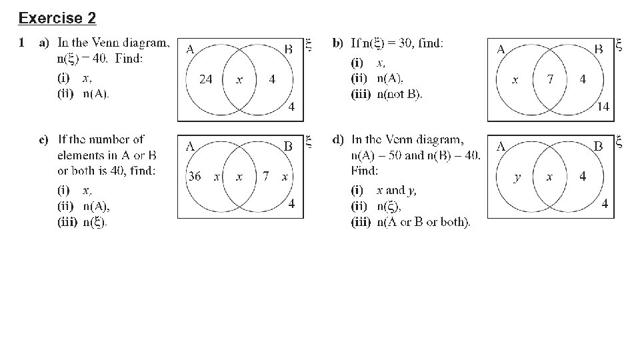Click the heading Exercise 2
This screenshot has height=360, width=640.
coord(57,17)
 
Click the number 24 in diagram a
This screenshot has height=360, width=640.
coord(206,79)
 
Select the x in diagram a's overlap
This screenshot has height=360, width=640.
coord(239,79)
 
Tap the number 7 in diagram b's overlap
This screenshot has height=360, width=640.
coord(550,79)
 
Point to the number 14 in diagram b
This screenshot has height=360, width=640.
coord(603,106)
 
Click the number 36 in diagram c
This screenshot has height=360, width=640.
coord(195,177)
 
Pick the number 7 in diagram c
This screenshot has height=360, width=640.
coord(266,177)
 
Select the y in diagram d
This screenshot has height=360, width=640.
coord(517,177)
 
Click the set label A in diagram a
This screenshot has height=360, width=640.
coord(190,49)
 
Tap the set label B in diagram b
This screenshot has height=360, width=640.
coord(598,49)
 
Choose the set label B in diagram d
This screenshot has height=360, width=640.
coord(598,146)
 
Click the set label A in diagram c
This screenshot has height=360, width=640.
coord(190,146)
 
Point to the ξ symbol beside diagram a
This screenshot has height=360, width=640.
coord(308,45)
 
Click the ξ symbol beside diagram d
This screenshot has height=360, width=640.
coord(619,142)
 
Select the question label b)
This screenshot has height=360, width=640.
coord(338,44)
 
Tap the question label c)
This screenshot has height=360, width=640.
coord(43,140)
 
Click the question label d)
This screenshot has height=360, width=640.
coord(338,140)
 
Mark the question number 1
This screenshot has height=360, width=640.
coord(22,44)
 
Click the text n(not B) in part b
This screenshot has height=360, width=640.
coord(399,94)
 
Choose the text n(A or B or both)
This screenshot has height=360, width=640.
coord(423,222)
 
